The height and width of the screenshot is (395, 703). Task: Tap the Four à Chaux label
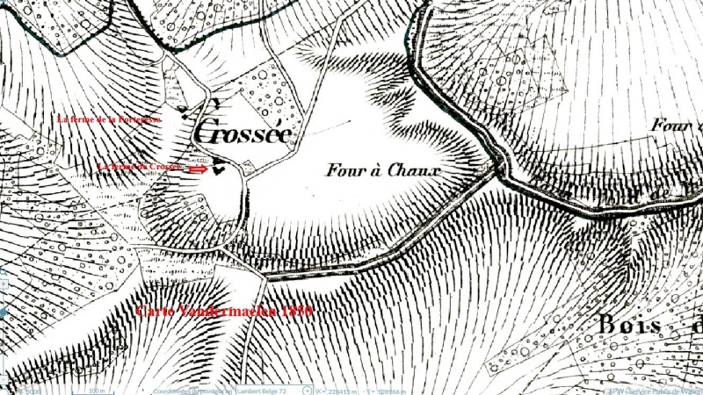381,169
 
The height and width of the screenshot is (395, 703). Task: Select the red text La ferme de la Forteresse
109,118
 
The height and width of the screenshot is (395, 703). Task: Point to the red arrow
199,168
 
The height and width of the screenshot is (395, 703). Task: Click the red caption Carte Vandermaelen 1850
224,311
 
